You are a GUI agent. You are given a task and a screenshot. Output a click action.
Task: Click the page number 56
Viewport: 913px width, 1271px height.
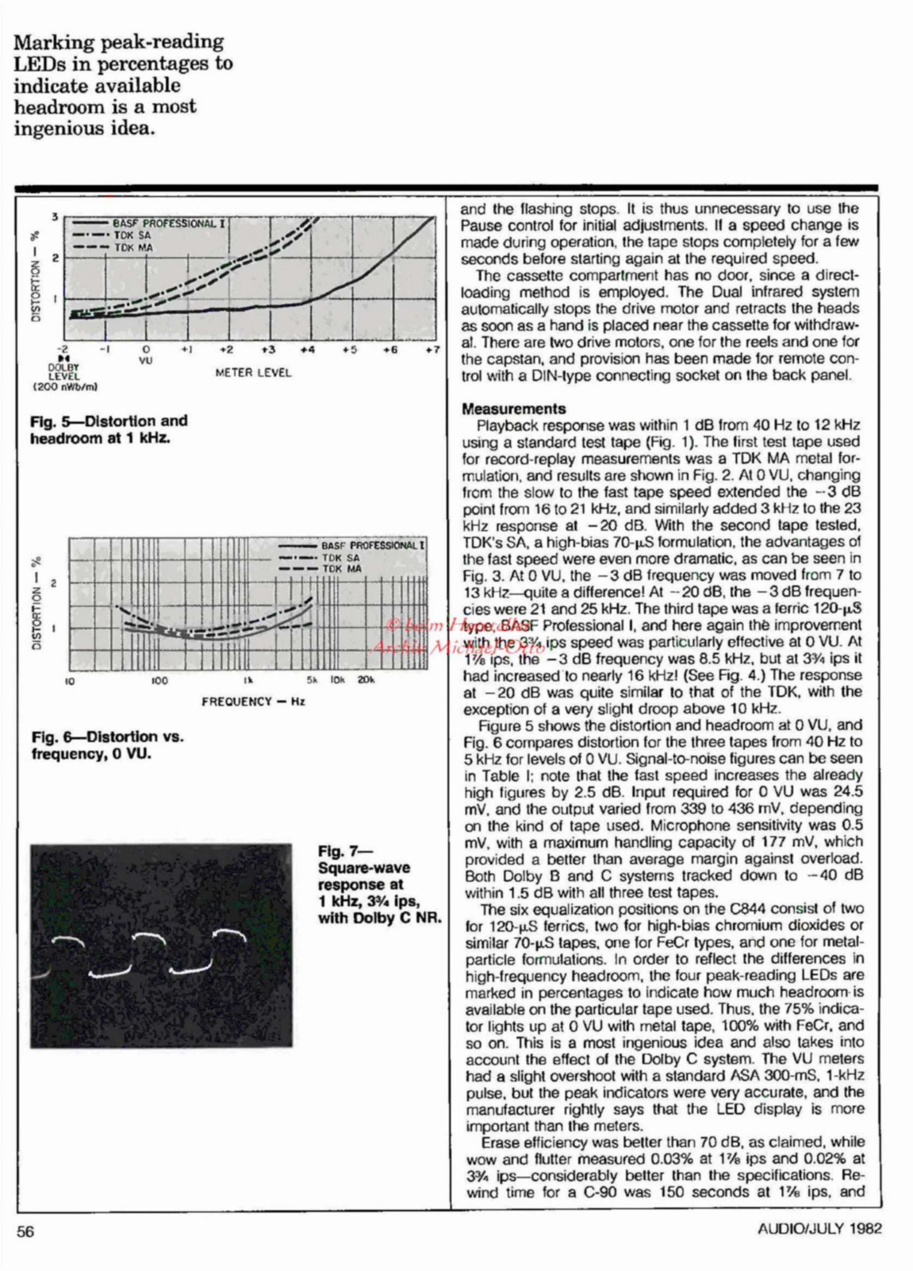point(25,1231)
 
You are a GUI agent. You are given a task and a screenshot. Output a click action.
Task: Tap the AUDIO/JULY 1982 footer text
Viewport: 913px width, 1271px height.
point(819,1228)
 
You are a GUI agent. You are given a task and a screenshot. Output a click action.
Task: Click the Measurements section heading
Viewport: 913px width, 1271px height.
point(513,409)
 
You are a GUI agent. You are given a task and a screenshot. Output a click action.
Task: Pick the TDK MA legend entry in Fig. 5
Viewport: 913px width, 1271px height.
point(134,247)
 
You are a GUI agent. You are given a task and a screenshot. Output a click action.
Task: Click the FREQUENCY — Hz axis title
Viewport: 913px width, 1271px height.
point(253,701)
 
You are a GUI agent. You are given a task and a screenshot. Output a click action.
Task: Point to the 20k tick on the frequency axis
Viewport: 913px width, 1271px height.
point(366,681)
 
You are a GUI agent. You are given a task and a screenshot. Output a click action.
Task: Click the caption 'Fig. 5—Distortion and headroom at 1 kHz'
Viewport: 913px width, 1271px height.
point(109,428)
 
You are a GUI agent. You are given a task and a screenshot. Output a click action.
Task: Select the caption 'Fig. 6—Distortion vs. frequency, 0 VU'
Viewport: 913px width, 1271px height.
point(108,745)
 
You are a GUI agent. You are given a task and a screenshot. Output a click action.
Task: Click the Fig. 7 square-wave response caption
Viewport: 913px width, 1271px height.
point(380,885)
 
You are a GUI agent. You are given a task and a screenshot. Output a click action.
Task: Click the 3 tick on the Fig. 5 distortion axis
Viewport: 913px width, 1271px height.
point(56,216)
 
